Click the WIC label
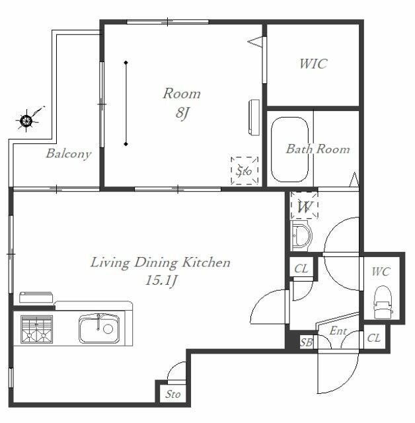pos(313,63)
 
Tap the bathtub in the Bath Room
pos(289,150)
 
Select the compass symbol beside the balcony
pos(26,120)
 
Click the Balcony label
pos(69,154)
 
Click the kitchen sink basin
pos(99,328)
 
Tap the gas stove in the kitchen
pos(36,329)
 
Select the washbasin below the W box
pos(301,236)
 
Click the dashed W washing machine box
pos(305,206)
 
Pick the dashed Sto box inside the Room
pos(245,171)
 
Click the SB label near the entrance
pos(307,342)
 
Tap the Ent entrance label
pos(338,330)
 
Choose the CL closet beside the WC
pos(374,338)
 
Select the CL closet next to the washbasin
pos(301,269)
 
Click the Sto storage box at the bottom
pos(172,395)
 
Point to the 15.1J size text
pos(161,280)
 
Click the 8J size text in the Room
pos(182,112)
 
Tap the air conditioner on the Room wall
pos(254,117)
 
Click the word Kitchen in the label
pos(206,262)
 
